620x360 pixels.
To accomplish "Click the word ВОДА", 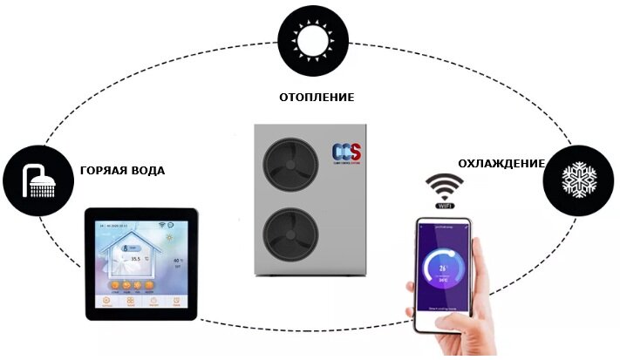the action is point(148,170).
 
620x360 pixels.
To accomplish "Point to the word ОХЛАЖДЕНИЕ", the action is point(501,163).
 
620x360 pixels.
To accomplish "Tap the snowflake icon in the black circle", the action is point(575,180).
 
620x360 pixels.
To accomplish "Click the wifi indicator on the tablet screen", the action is point(160,224).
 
